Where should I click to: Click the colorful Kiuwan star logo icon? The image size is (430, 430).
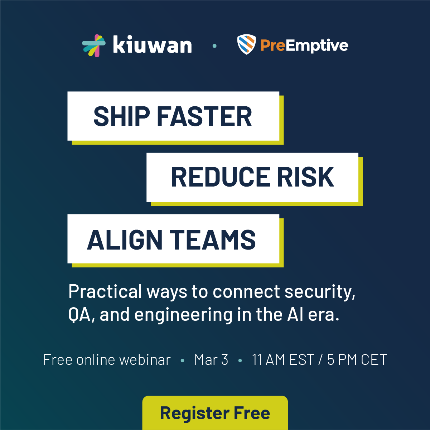[94, 45]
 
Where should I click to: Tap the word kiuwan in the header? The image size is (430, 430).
[152, 45]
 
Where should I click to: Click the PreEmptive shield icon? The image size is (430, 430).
[246, 45]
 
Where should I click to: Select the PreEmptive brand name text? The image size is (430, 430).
[304, 45]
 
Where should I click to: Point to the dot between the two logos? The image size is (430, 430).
[214, 46]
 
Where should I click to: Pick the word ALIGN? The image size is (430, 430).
[125, 240]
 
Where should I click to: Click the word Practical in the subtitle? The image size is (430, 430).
[105, 291]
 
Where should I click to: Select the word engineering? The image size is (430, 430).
[183, 315]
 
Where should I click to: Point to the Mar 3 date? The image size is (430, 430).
[211, 360]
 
